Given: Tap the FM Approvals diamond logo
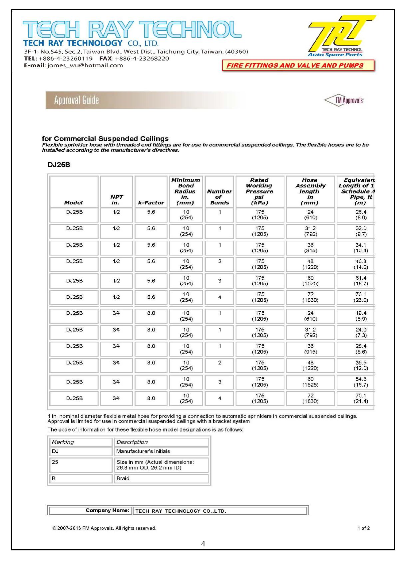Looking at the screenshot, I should pos(344,100).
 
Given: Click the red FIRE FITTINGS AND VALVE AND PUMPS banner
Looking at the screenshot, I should pos(298,66).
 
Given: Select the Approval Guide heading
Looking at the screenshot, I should pos(77,100).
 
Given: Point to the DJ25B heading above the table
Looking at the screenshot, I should pos(59,165).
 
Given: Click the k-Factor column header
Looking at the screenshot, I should pos(151,202).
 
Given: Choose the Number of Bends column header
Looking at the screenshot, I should pos(219,197).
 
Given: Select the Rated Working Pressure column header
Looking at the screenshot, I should pos(259,191).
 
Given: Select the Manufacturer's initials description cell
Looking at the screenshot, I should pos(143,451).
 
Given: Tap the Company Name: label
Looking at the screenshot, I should pos(107,510).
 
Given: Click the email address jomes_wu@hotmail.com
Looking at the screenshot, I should pos(85,66).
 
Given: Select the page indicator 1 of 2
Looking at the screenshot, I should pos(363,528).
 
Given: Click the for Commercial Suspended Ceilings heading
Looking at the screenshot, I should pos(105,139).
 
